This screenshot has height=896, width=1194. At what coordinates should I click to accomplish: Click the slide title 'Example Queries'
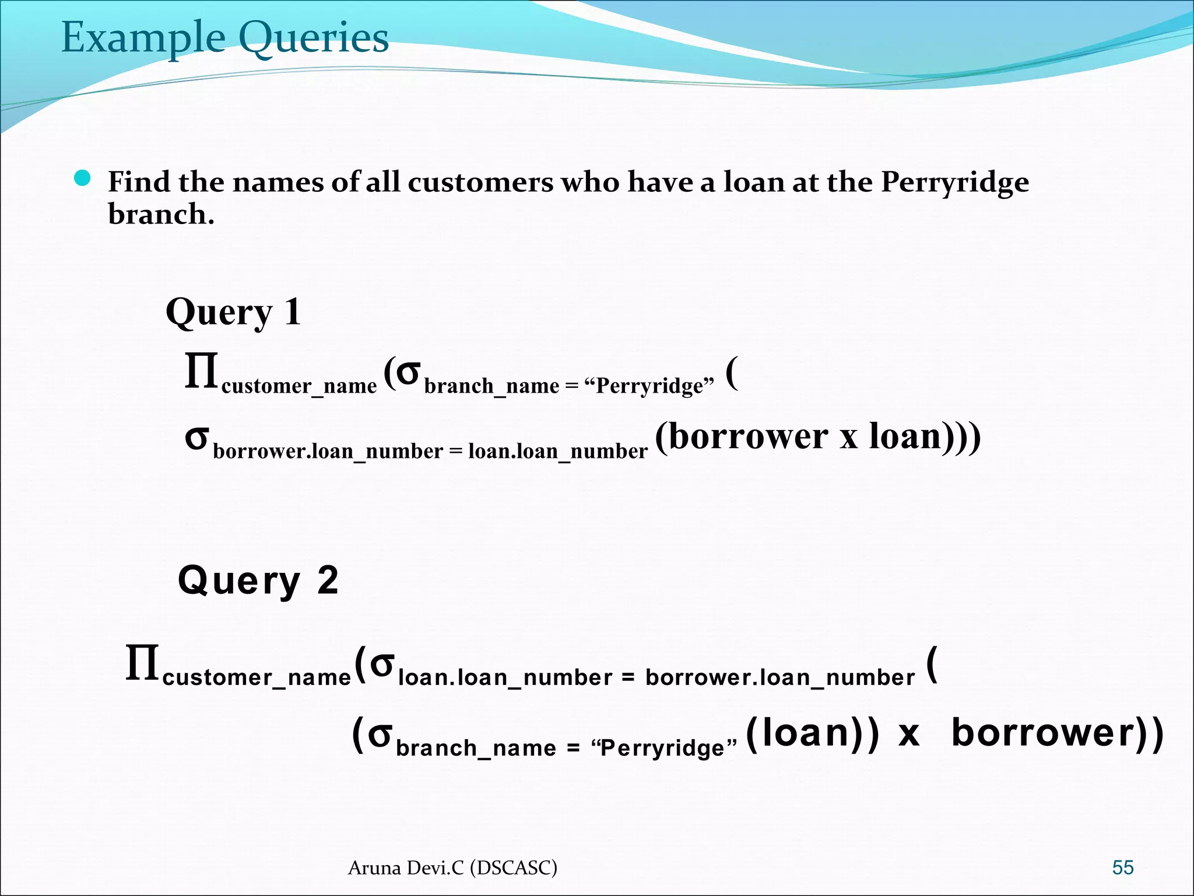point(225,38)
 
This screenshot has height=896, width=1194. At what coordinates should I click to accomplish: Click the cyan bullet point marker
point(83,178)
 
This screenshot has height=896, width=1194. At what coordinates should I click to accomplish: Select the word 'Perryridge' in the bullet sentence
point(954,183)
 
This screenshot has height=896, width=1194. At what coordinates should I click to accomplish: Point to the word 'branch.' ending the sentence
point(161,214)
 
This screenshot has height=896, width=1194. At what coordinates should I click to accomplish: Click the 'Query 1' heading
point(233,313)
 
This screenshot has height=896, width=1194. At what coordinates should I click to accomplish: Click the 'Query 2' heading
point(258,581)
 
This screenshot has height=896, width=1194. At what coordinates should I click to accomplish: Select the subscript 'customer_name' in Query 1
point(299,386)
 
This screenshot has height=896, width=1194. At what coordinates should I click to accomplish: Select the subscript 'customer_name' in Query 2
point(257,678)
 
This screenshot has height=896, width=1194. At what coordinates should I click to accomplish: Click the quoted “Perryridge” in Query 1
point(649,386)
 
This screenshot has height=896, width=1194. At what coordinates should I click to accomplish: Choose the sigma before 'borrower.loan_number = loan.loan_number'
point(196,437)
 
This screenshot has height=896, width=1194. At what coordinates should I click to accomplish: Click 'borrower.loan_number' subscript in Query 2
point(780,678)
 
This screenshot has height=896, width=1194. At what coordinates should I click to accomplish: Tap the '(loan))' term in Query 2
point(812,733)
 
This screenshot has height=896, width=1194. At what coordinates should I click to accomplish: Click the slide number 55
point(1123,867)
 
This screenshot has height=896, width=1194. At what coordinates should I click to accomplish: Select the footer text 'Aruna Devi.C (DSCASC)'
point(452,868)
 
